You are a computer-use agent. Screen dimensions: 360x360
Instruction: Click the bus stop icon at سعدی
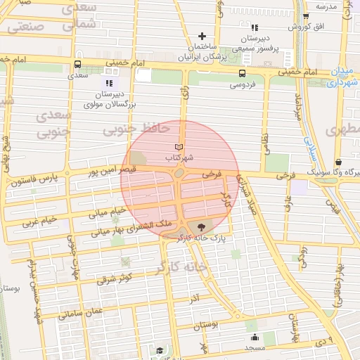77,63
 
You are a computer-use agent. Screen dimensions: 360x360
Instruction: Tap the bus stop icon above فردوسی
242,73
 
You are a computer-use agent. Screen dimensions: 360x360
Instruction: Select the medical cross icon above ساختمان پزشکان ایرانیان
202,36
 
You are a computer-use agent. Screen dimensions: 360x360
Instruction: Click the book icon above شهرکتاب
179,147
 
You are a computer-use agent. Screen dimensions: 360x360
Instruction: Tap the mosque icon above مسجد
253,337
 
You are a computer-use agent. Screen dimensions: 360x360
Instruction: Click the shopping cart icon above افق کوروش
305,17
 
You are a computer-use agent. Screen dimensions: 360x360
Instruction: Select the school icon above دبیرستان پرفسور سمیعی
246,24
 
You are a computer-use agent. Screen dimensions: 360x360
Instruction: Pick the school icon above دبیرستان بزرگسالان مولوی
109,82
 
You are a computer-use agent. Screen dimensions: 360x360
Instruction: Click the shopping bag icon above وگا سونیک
338,160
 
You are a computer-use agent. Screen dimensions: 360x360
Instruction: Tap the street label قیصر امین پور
110,169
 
